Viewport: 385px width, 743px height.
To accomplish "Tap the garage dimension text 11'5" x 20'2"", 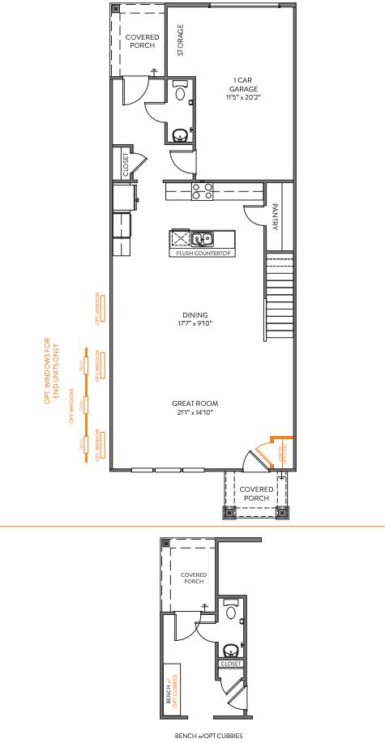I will (x=244, y=97).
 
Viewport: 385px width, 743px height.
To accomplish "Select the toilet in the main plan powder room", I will (x=180, y=92).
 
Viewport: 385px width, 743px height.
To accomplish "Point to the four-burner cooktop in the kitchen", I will (x=202, y=191).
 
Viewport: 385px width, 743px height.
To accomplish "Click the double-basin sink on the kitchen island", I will (x=202, y=239).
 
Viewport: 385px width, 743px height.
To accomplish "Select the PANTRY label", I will (x=276, y=217).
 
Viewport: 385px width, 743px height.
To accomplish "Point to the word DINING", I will (x=195, y=315).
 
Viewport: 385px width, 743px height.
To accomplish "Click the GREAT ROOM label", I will (x=195, y=403).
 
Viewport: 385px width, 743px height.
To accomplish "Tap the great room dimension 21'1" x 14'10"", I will (x=195, y=412).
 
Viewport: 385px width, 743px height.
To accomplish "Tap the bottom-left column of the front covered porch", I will (x=229, y=511).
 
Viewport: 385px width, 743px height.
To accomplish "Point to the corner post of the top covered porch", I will (x=115, y=11).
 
